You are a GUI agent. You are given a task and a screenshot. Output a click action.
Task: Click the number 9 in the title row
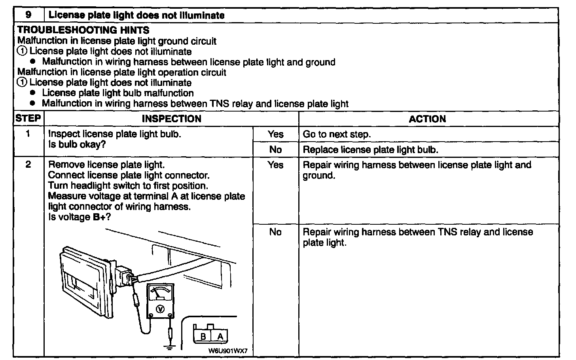coord(28,15)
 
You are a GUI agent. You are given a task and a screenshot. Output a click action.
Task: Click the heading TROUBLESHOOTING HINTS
coord(83,30)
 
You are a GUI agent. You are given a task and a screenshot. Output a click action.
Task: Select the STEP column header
coord(28,118)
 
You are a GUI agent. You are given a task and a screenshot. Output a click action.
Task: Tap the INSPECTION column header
coord(171,119)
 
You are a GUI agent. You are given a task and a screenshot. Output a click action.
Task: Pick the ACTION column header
coord(427,119)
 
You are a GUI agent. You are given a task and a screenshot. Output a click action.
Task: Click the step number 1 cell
coord(28,134)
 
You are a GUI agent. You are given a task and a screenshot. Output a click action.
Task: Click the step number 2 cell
coord(28,165)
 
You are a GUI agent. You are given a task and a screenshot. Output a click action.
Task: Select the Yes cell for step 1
coord(275,134)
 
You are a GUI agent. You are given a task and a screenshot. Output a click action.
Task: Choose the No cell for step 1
coord(275,150)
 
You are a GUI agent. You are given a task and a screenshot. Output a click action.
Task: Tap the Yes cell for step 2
coord(275,165)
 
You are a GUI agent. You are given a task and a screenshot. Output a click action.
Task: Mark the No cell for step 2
coord(275,232)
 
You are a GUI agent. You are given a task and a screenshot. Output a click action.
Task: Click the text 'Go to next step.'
coord(337,135)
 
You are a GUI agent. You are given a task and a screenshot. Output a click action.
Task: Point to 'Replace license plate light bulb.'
coord(370,150)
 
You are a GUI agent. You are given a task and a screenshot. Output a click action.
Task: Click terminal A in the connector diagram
coord(220,337)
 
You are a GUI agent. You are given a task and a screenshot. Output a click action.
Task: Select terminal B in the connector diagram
coord(203,337)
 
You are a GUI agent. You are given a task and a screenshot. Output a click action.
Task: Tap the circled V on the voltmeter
coord(160,309)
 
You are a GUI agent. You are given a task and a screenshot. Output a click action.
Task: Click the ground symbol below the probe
coord(170,347)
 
